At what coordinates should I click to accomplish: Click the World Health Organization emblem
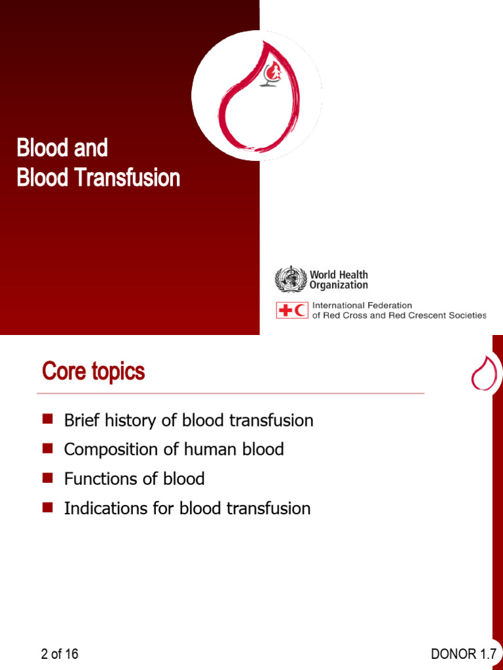click(290, 279)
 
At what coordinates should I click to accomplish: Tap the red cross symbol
click(285, 310)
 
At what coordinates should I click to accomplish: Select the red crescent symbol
click(301, 310)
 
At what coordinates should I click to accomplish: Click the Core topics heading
click(93, 372)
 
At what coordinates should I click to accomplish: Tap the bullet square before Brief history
click(47, 419)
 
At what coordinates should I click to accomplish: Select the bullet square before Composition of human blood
click(47, 449)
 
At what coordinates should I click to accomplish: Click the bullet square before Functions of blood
click(47, 478)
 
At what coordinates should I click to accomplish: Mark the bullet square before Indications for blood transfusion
click(47, 508)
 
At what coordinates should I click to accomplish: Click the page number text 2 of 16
click(60, 654)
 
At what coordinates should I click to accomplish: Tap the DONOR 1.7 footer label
click(463, 654)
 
